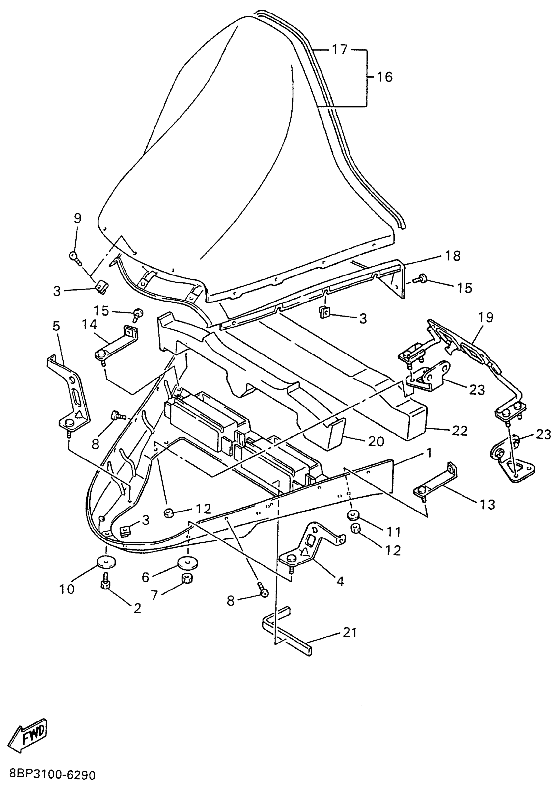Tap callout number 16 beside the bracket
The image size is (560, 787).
384,76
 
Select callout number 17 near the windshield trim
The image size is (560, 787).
340,50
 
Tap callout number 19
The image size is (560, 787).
486,317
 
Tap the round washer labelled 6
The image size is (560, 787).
188,564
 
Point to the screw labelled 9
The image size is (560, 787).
75,256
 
